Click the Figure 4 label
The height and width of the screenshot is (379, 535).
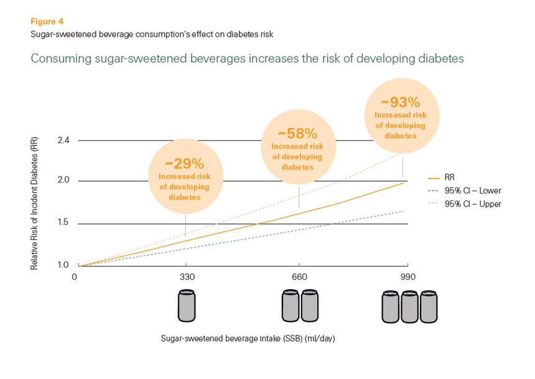click(x=47, y=21)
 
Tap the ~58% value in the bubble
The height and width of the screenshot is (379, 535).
click(x=297, y=133)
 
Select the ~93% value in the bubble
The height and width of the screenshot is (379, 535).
click(x=401, y=102)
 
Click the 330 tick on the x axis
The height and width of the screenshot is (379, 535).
click(x=185, y=277)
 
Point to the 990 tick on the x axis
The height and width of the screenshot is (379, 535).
click(x=407, y=277)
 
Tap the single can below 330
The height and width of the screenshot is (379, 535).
click(x=186, y=306)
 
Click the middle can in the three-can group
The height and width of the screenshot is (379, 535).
click(x=408, y=307)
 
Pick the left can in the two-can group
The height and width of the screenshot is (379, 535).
click(x=291, y=307)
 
